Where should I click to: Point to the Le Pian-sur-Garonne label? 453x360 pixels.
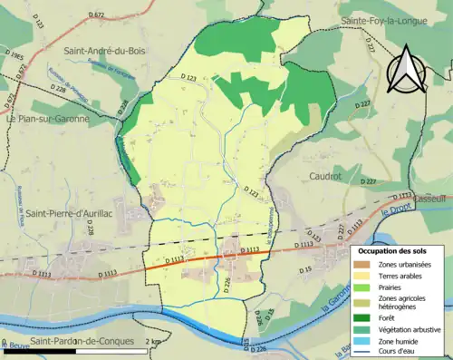(x=46, y=118)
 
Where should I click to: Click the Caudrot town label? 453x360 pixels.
(x=324, y=177)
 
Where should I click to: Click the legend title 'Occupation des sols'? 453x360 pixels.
(x=399, y=250)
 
